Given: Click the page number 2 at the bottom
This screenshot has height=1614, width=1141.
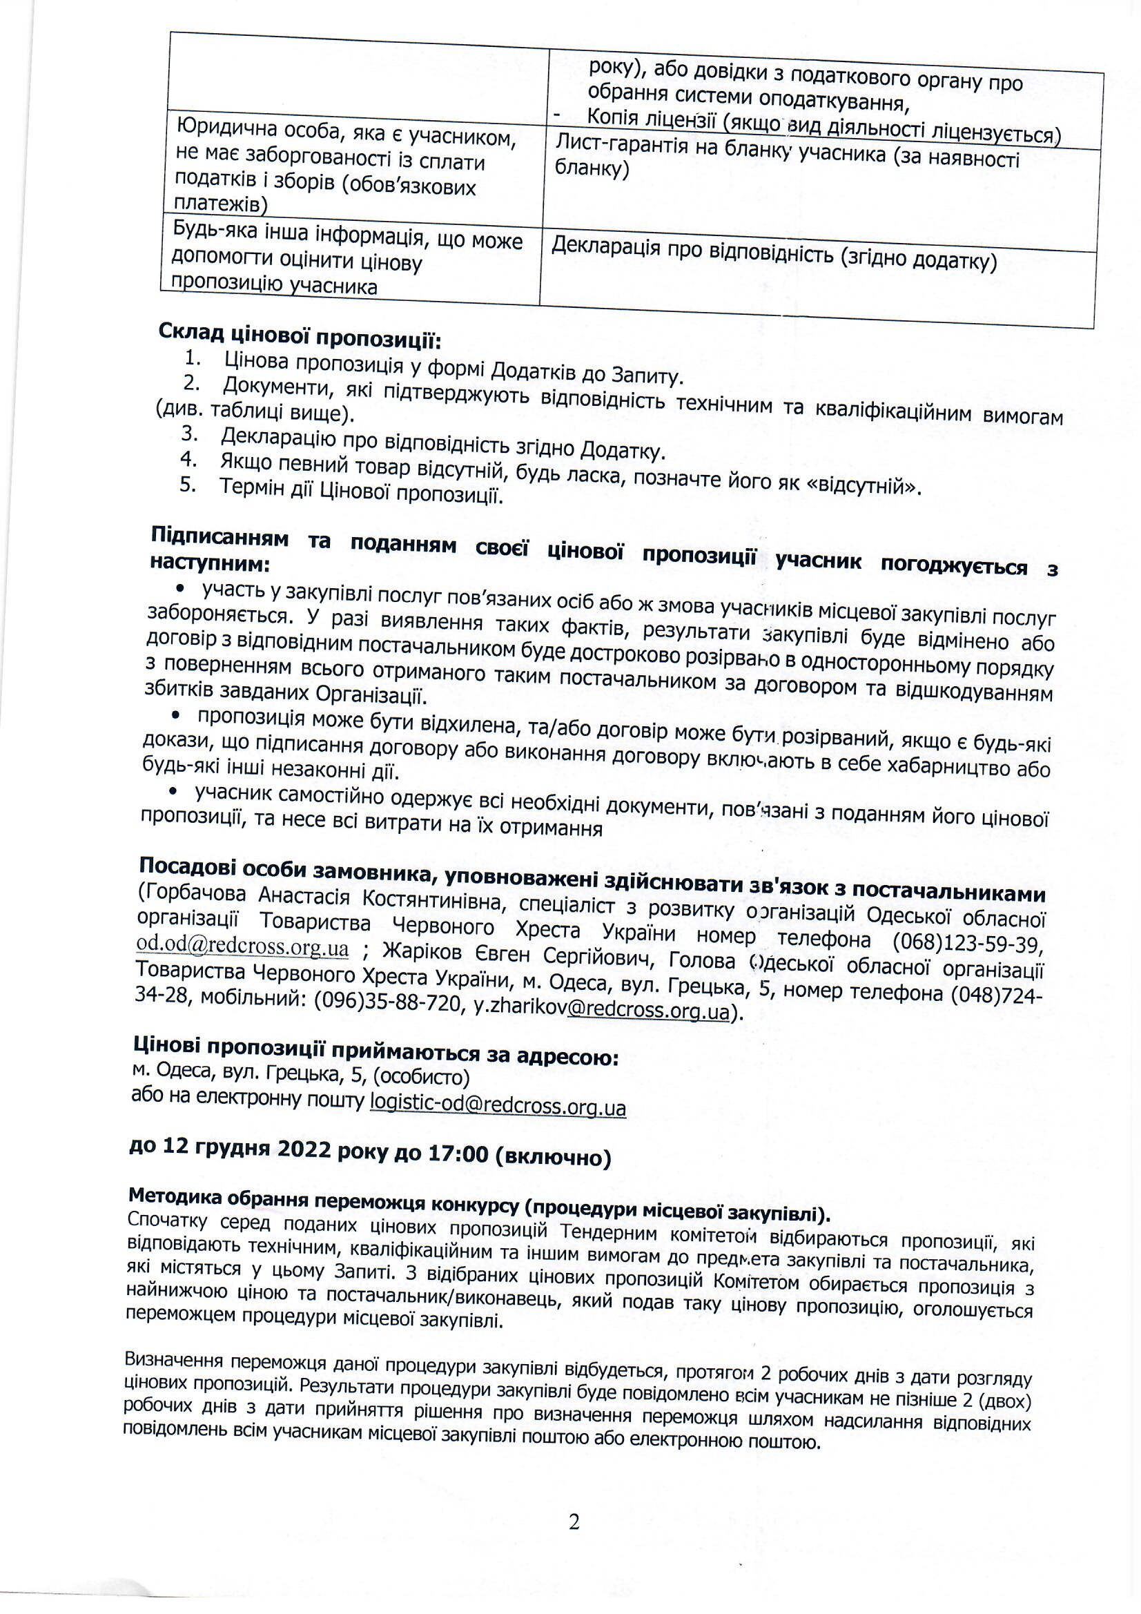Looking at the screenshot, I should pyautogui.click(x=574, y=1522).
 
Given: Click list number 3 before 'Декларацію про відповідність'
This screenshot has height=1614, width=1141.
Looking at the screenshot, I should pyautogui.click(x=189, y=434).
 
